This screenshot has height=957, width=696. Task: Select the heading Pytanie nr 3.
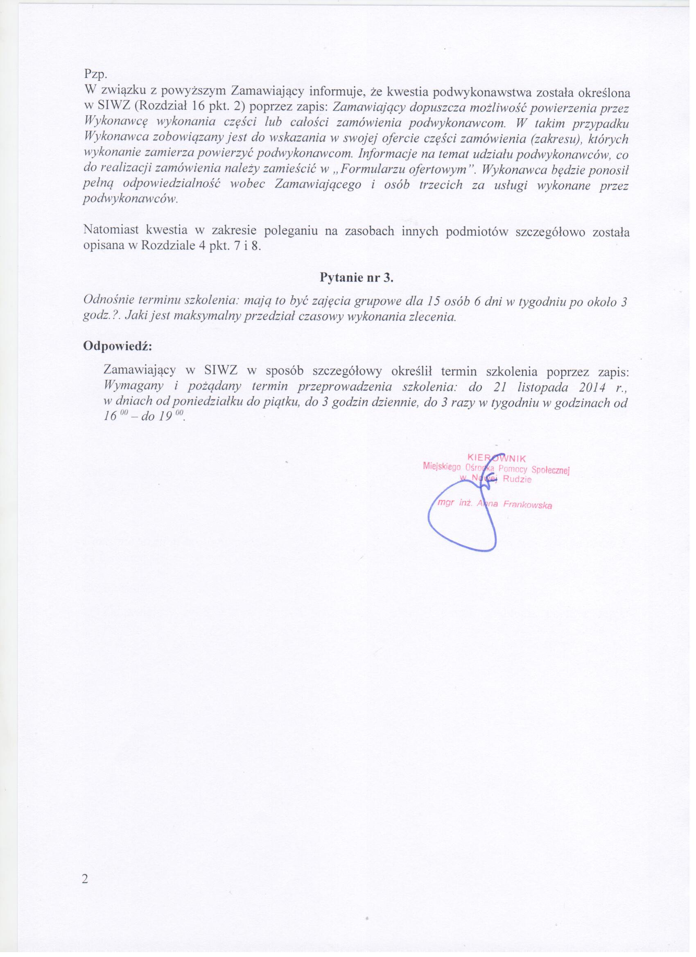tap(357, 278)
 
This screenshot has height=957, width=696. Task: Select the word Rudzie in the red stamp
tap(518, 480)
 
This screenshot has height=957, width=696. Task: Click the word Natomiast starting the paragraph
tap(111, 231)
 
